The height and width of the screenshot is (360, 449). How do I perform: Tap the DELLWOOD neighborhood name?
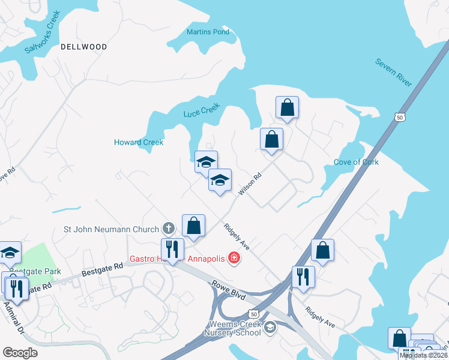pos(83,47)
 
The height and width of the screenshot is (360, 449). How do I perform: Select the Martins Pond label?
pos(208,32)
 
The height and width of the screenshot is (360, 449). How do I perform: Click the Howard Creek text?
pos(139,142)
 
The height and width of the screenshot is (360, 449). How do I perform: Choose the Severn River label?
pos(394,73)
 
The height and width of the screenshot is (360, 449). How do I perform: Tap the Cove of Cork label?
pos(356,163)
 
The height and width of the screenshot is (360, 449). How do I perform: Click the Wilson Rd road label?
pos(250,184)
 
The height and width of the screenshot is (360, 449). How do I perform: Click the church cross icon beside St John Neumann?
pos(169,229)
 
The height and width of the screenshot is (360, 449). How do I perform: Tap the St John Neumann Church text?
pos(112,229)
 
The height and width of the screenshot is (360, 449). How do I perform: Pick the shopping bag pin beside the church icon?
pos(194,226)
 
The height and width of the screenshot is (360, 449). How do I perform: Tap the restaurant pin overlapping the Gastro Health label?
pos(172,250)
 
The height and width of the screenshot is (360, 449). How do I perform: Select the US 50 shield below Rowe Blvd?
pos(254,314)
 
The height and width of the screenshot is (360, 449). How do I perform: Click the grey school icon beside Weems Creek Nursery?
pos(271,326)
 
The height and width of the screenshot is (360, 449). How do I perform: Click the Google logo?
pos(20,352)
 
